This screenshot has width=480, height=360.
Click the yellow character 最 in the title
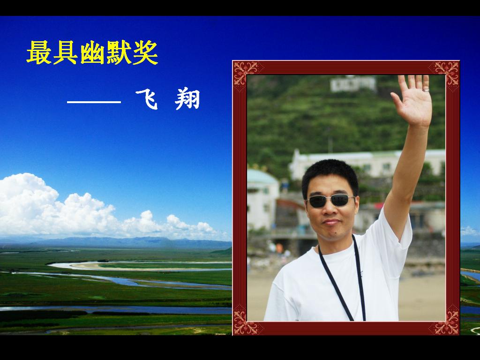[39, 52]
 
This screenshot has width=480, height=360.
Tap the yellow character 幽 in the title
[92, 52]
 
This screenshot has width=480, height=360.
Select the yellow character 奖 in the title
[146, 52]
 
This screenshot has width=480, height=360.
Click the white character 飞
[147, 99]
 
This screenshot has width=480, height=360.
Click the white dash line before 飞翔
[94, 102]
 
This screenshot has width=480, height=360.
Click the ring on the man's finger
[426, 90]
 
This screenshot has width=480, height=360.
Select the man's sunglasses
[330, 201]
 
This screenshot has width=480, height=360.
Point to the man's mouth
[332, 222]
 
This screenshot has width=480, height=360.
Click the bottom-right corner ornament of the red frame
[447, 322]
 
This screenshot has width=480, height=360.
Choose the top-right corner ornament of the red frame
[447, 73]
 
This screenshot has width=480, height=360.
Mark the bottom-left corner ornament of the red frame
[245, 322]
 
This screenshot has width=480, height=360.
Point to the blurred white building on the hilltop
[353, 83]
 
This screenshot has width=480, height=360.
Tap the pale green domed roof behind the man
[262, 177]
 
